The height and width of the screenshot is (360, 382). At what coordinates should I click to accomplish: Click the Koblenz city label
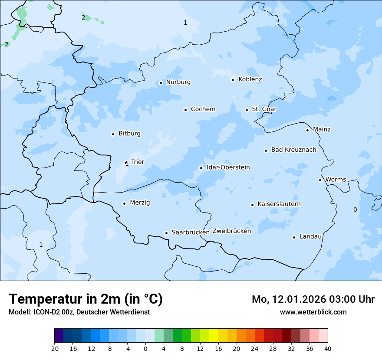click(250, 79)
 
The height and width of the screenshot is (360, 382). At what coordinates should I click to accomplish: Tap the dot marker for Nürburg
click(161, 83)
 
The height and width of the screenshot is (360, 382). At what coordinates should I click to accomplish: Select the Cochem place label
click(203, 109)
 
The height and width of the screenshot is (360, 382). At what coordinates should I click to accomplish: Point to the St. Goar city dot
click(247, 110)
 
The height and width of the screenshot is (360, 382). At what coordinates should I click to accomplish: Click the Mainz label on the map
click(322, 130)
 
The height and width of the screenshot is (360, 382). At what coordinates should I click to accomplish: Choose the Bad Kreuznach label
click(293, 150)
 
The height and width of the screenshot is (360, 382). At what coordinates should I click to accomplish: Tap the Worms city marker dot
click(320, 180)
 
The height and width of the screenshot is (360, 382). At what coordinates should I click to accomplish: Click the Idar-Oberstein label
click(228, 167)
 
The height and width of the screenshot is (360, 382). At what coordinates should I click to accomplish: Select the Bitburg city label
click(129, 134)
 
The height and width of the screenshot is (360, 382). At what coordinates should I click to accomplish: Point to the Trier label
click(138, 162)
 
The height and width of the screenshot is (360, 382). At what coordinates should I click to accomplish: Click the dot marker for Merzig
click(124, 203)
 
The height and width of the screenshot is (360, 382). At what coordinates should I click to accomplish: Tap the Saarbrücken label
click(191, 232)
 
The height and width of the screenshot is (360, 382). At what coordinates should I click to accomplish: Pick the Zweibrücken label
click(231, 231)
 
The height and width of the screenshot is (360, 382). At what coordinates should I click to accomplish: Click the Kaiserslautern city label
click(279, 204)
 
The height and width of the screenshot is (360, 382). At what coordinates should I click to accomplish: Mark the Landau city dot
click(294, 237)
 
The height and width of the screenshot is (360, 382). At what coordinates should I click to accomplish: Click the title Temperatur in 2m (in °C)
click(86, 299)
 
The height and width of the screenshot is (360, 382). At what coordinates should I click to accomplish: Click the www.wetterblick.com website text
click(313, 312)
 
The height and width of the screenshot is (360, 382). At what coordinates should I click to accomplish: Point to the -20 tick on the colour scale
click(54, 349)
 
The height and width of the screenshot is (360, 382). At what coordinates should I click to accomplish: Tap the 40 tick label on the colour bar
click(328, 349)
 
